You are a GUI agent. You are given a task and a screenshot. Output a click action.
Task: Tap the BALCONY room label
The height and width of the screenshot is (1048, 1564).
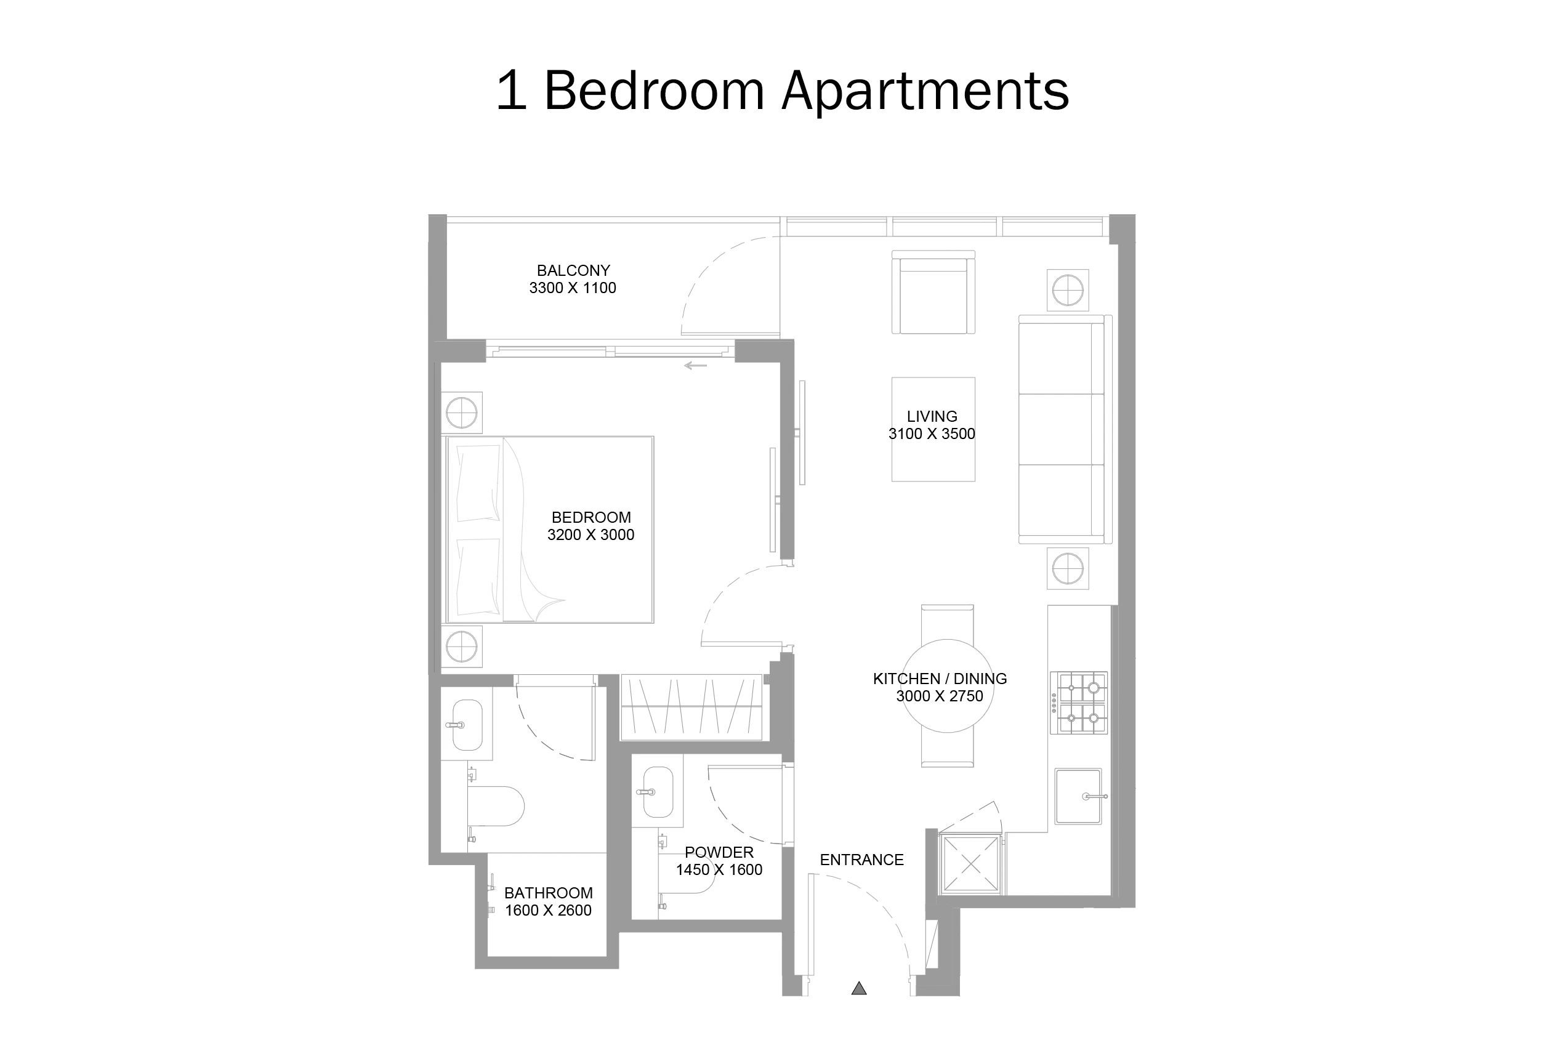pyautogui.click(x=573, y=271)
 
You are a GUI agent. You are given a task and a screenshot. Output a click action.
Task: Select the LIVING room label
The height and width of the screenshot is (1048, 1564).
pyautogui.click(x=932, y=416)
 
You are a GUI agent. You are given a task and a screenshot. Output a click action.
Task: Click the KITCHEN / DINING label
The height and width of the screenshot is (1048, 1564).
pyautogui.click(x=939, y=679)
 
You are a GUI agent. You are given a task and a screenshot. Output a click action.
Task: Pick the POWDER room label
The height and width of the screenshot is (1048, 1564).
pyautogui.click(x=719, y=852)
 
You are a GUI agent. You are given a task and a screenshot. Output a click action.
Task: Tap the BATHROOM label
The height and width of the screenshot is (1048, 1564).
pyautogui.click(x=548, y=893)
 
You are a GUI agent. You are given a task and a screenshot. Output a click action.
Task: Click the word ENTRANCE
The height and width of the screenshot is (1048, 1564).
pyautogui.click(x=861, y=860)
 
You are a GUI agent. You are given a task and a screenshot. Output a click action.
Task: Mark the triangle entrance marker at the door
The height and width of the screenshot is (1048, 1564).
pyautogui.click(x=859, y=988)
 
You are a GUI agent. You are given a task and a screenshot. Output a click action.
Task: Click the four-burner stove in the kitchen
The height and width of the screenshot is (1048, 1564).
pyautogui.click(x=1079, y=703)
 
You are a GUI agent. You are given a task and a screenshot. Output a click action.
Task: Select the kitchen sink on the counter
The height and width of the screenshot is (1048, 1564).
pyautogui.click(x=1078, y=796)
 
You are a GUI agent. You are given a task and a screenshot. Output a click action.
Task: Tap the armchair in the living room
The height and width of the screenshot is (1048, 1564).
pyautogui.click(x=933, y=292)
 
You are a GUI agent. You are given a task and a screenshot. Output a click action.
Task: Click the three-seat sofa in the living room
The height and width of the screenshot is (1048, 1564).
pyautogui.click(x=1064, y=429)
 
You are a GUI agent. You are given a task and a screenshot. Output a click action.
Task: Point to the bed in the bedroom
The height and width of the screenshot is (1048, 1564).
pyautogui.click(x=549, y=530)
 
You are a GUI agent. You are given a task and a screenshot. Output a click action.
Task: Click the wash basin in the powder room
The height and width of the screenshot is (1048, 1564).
pyautogui.click(x=658, y=792)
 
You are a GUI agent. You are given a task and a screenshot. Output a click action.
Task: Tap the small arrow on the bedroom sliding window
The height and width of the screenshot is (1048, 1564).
pyautogui.click(x=695, y=366)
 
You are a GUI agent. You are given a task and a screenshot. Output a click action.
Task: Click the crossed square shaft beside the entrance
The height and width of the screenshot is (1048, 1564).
pyautogui.click(x=970, y=864)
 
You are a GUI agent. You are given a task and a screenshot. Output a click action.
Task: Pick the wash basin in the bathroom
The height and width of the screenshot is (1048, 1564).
pyautogui.click(x=467, y=725)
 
